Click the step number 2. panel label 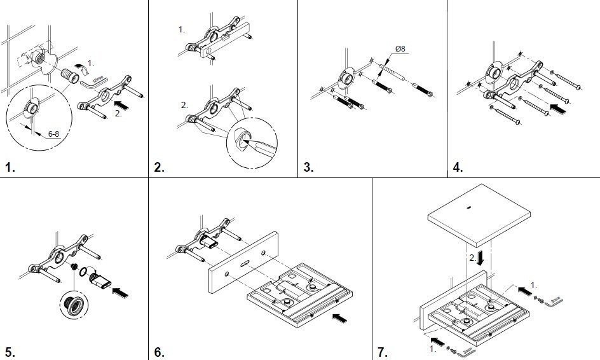(x=160, y=168)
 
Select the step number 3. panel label (x=309, y=168)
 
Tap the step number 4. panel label (x=458, y=168)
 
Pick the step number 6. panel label (x=160, y=351)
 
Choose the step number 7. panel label (x=382, y=351)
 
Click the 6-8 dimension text (x=54, y=134)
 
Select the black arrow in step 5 (x=120, y=293)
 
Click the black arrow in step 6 (x=340, y=315)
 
